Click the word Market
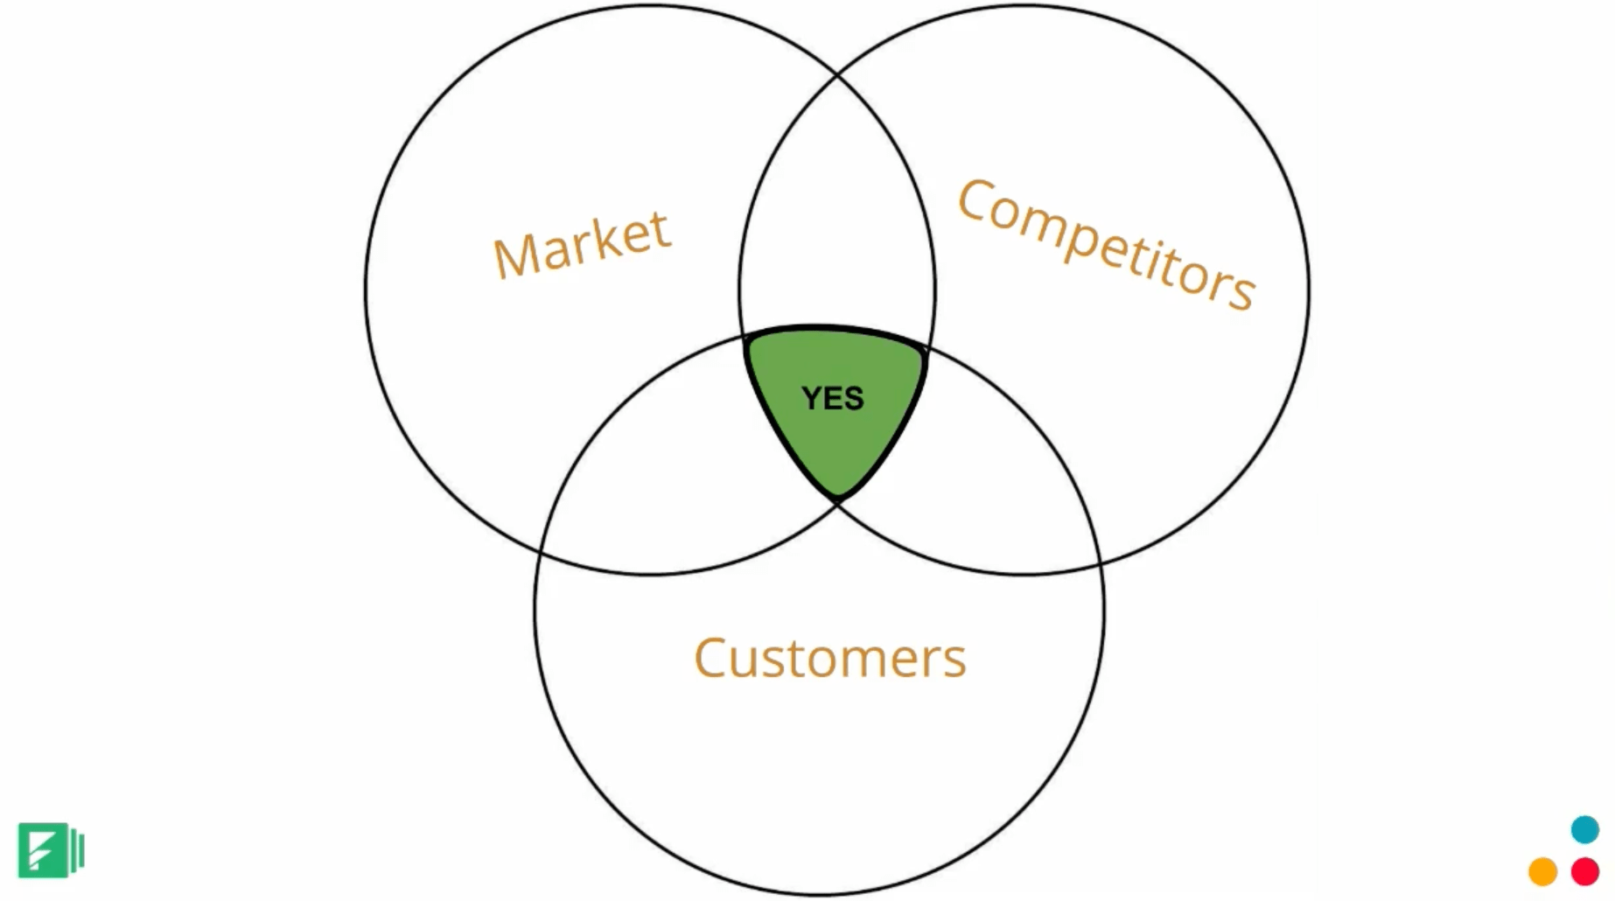pyautogui.click(x=582, y=245)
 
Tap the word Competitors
pyautogui.click(x=1106, y=244)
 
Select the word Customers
pyautogui.click(x=829, y=658)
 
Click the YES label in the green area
pyautogui.click(x=833, y=399)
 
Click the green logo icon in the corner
pyautogui.click(x=50, y=849)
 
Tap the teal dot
pyautogui.click(x=1584, y=829)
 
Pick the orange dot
pyautogui.click(x=1542, y=871)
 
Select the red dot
pyautogui.click(x=1584, y=871)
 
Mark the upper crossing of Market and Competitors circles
pyautogui.click(x=837, y=77)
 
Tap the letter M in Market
pyautogui.click(x=515, y=255)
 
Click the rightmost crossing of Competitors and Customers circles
pyautogui.click(x=1100, y=564)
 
